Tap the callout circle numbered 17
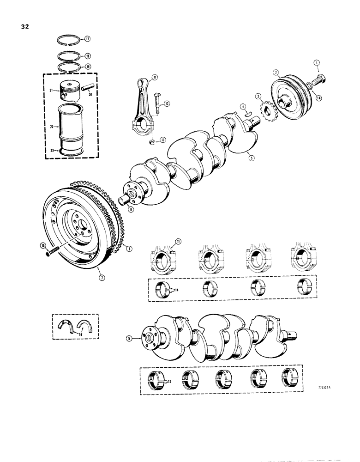coord(87,39)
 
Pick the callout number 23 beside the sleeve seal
coord(53,150)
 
